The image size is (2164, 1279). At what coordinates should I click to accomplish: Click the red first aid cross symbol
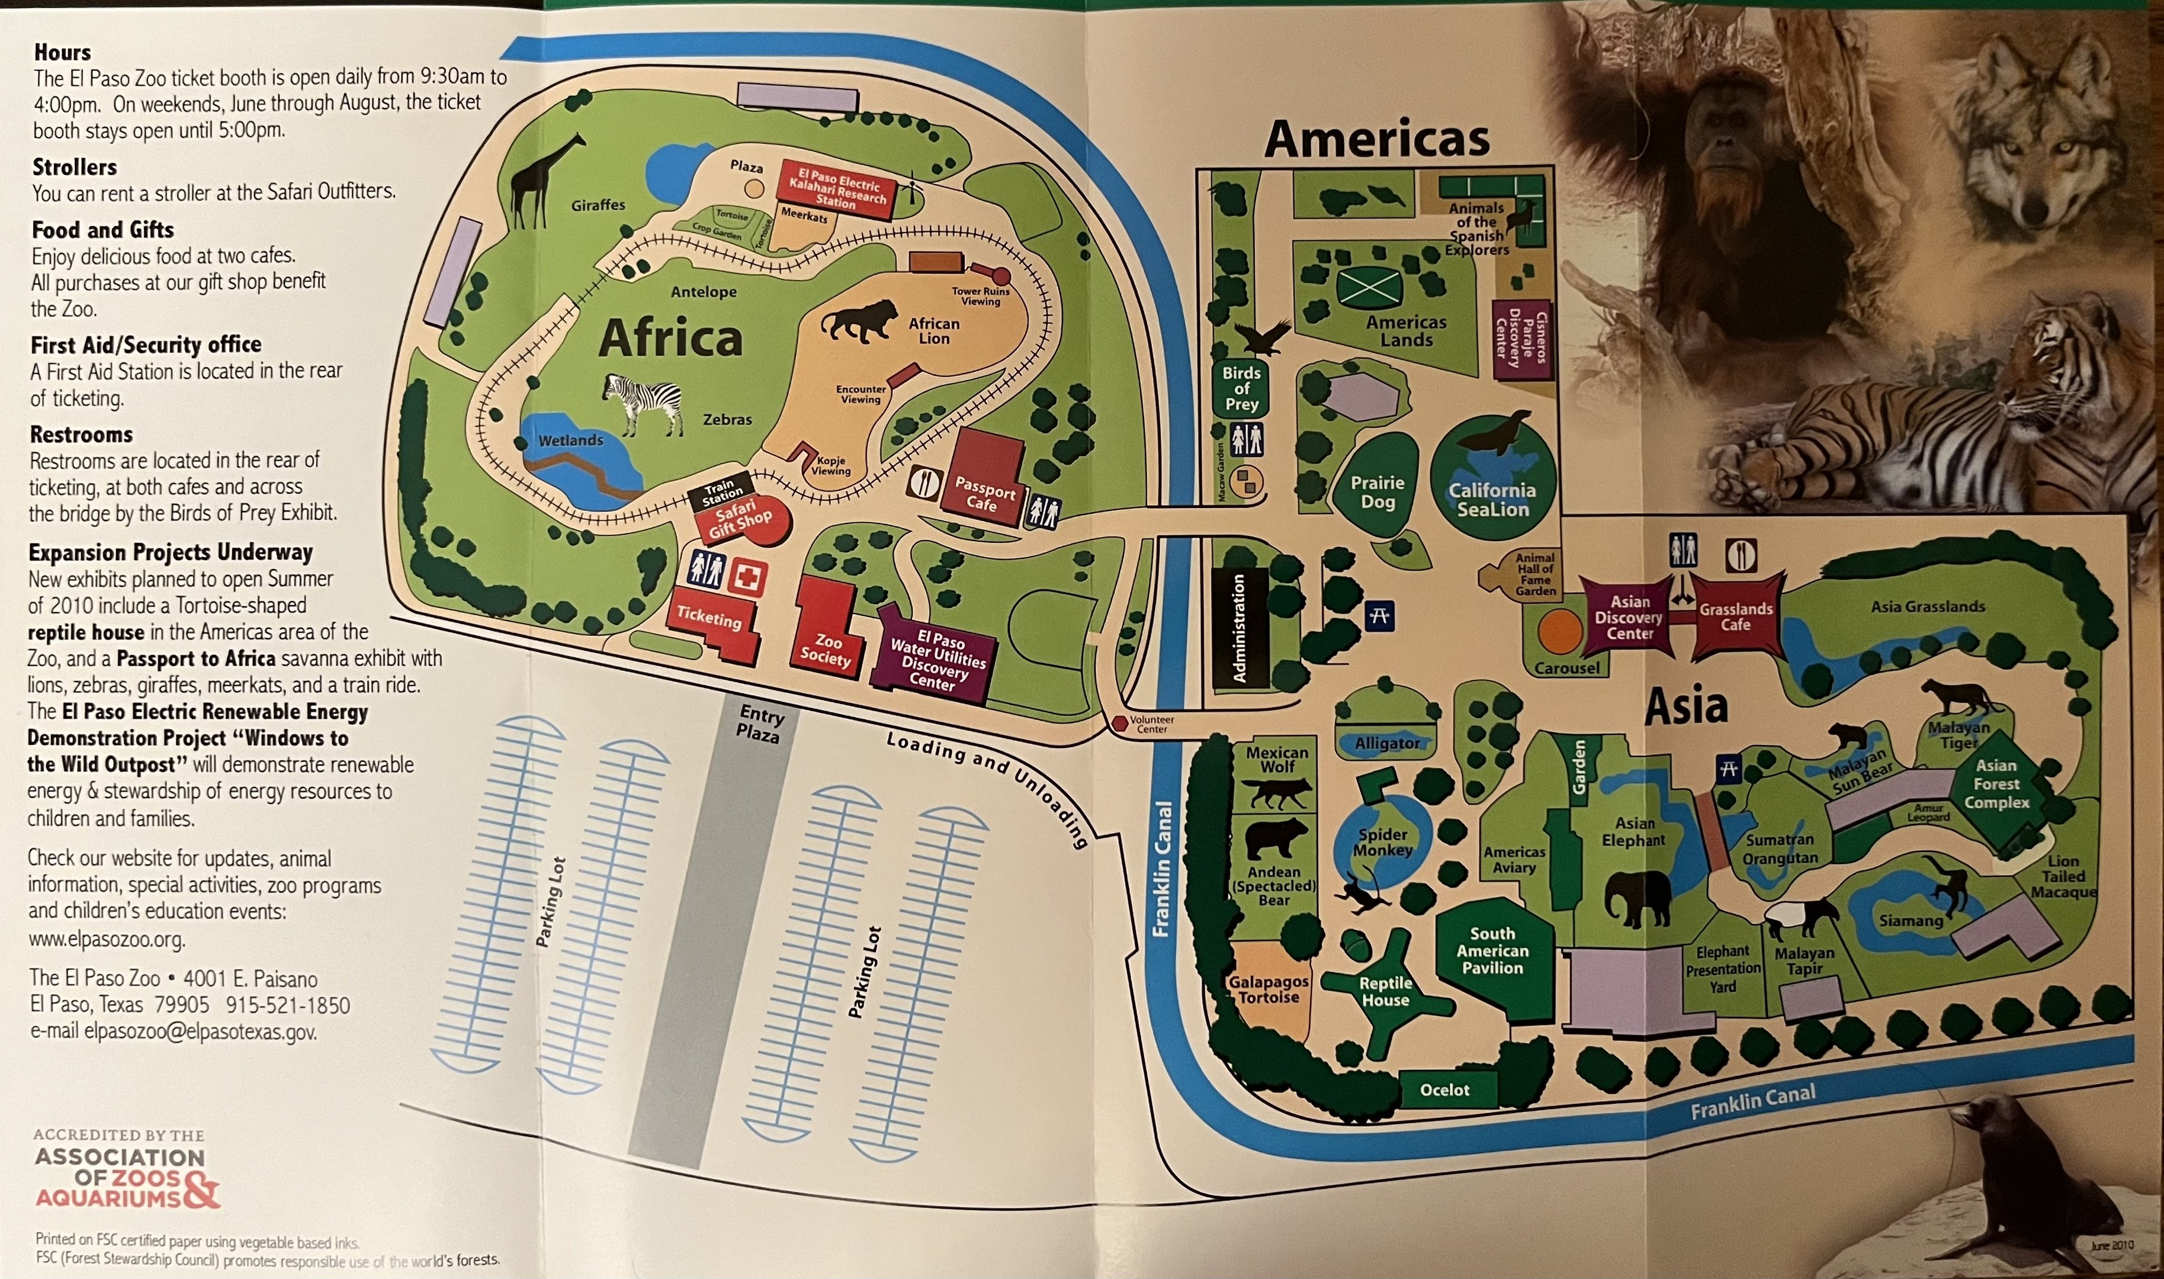pyautogui.click(x=747, y=577)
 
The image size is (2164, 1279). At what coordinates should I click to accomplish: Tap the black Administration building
pyautogui.click(x=1240, y=628)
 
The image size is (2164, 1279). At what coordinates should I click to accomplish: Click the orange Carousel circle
pyautogui.click(x=1559, y=632)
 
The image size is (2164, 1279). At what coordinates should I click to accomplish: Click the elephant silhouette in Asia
pyautogui.click(x=1638, y=896)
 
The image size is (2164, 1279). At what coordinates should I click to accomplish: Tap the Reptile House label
pyautogui.click(x=1385, y=991)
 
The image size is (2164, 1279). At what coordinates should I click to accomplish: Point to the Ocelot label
pyautogui.click(x=1444, y=1090)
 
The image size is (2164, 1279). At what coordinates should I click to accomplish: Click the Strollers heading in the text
pyautogui.click(x=75, y=166)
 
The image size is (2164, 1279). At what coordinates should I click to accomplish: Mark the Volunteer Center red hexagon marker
pyautogui.click(x=1119, y=723)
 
